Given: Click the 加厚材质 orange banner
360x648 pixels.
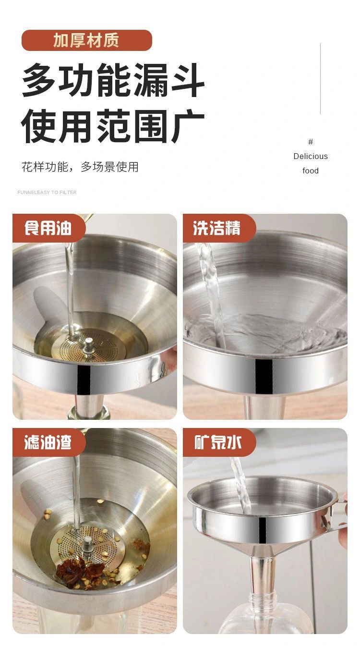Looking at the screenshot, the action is tap(87, 40).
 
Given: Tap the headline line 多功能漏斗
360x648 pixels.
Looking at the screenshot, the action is tap(113, 80).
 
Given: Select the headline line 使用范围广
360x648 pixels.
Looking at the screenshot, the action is tap(113, 126).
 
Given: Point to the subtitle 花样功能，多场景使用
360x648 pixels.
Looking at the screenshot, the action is tap(80, 167).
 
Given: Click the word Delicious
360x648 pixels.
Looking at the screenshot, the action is tap(311, 156).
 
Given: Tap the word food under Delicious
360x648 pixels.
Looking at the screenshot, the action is tap(311, 171).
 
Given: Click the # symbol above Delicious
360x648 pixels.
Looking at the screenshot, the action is tap(311, 142).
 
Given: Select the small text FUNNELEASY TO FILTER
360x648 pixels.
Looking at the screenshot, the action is tap(47, 192).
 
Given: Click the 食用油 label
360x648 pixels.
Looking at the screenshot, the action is tap(48, 228).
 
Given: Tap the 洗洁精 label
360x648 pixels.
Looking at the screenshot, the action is tap(217, 228).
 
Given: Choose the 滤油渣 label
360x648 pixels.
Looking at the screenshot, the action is tap(48, 442).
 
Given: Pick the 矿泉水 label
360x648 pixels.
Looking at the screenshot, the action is tap(217, 442).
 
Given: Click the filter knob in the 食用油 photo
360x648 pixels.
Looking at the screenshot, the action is tap(88, 346).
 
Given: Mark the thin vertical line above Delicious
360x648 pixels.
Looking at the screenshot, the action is tap(320, 79).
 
